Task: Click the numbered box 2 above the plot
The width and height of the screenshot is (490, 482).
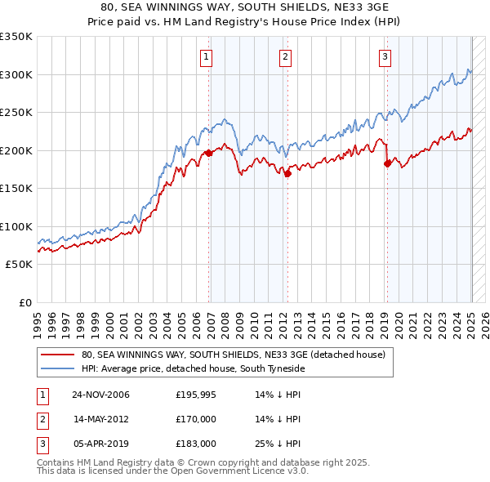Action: coord(285,57)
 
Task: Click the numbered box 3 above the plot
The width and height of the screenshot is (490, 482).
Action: coord(385,57)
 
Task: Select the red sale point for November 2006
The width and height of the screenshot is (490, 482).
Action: coord(209,153)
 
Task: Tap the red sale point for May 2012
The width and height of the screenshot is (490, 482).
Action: coord(287,173)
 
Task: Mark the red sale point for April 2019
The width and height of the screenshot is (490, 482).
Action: coord(387,163)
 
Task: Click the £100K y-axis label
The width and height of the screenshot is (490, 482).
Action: coord(16,226)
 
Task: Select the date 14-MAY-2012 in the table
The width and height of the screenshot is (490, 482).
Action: coord(101,419)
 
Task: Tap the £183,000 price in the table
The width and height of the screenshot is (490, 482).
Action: coord(196,444)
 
